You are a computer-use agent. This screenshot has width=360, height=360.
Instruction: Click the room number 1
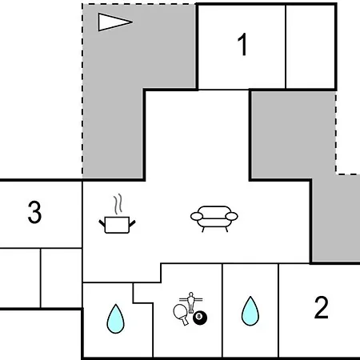242,45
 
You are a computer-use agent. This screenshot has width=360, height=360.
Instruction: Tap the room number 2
321,307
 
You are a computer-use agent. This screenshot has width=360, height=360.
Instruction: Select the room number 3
34,212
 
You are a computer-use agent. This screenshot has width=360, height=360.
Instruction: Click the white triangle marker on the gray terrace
114,22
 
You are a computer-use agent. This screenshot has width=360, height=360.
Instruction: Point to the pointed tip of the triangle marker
133,22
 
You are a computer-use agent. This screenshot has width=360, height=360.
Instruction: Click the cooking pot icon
117,225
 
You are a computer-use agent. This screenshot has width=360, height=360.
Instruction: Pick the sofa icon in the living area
214,218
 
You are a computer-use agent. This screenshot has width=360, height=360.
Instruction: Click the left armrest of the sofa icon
197,216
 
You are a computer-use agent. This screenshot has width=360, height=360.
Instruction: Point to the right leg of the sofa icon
226,230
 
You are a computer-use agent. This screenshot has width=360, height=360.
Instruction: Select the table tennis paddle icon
181,314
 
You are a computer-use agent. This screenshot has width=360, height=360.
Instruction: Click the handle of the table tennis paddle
185,321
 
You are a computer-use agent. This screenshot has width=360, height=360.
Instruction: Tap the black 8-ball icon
200,318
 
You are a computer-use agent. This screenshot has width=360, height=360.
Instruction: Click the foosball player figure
190,302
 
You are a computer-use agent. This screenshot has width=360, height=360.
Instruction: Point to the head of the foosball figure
190,294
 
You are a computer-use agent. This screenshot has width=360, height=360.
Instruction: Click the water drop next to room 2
250,311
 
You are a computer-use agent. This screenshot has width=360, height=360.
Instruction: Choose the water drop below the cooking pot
115,319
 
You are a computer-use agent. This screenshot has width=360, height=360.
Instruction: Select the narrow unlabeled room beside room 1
310,46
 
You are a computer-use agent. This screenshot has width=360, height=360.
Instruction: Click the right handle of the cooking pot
133,223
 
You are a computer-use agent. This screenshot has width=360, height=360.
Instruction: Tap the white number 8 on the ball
198,316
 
